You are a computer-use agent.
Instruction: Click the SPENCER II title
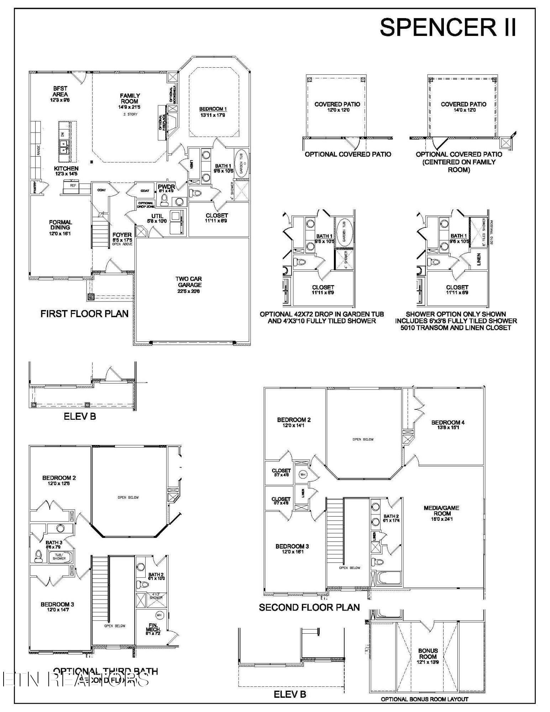click(x=448, y=27)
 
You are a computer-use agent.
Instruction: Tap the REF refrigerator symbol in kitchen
click(x=73, y=185)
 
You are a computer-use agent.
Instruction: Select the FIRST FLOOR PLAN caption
click(x=84, y=314)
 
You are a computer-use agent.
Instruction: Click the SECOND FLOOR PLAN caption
click(x=309, y=607)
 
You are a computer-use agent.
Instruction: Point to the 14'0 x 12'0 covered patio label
click(x=463, y=107)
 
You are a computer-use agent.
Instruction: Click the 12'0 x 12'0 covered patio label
click(x=337, y=107)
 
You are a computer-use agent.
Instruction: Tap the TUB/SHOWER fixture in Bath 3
click(x=59, y=556)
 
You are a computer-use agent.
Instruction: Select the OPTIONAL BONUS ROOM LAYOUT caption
click(x=424, y=699)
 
